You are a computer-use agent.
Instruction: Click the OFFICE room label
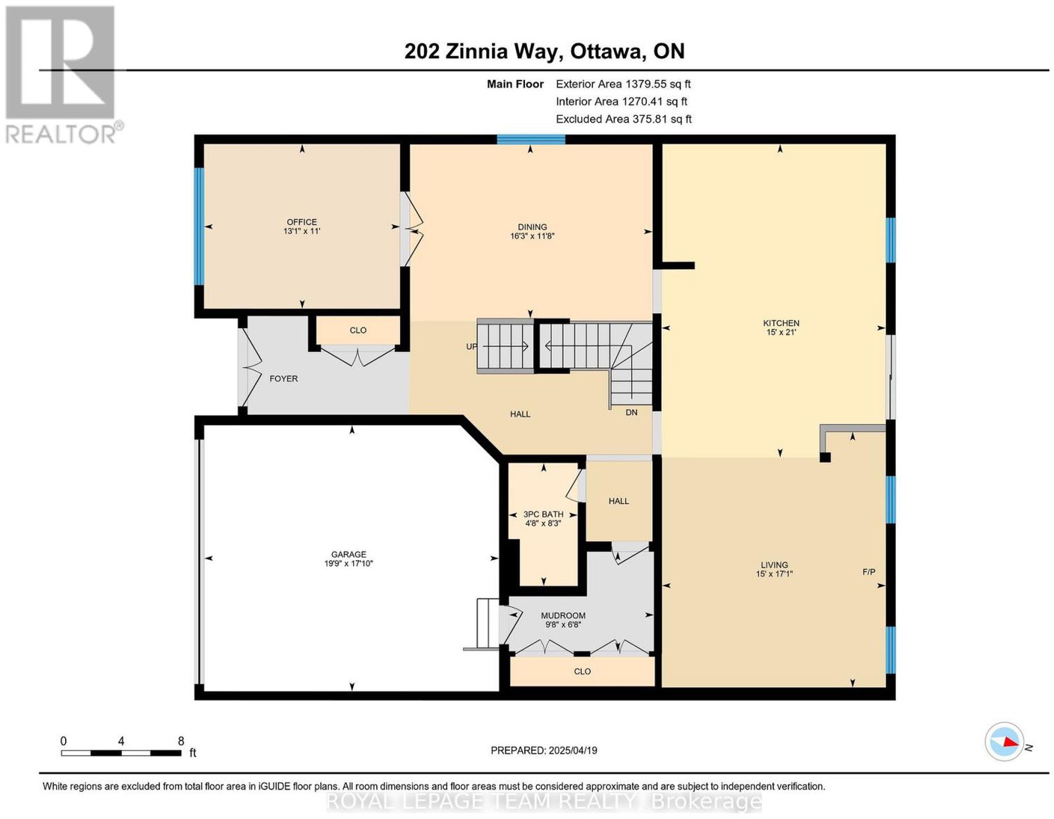[302, 222]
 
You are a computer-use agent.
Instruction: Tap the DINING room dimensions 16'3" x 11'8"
[532, 236]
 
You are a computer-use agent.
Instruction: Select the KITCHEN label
[781, 323]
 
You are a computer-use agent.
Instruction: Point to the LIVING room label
[774, 565]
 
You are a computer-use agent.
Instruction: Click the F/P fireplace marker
[869, 572]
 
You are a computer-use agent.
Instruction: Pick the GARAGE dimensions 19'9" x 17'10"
[348, 563]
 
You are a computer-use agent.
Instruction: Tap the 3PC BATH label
[543, 514]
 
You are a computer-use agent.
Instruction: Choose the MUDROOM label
[563, 616]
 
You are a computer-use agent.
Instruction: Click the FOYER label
[284, 379]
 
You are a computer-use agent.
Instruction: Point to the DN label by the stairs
[631, 412]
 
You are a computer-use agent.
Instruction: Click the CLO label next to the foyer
[358, 330]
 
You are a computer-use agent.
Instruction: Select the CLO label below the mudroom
[582, 671]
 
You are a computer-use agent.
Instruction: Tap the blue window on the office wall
[199, 227]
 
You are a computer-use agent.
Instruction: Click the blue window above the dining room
[531, 140]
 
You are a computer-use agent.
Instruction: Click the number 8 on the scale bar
[181, 741]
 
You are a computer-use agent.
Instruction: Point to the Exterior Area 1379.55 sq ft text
[623, 84]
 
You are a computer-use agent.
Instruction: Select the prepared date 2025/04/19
[573, 750]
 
